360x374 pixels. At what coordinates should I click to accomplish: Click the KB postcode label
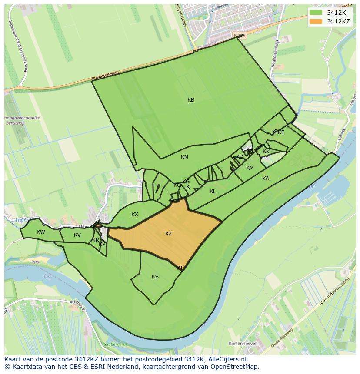click(191, 100)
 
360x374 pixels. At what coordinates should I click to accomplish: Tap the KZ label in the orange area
click(169, 234)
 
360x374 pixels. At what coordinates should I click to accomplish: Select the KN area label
click(184, 157)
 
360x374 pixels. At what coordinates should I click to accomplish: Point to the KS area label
click(155, 277)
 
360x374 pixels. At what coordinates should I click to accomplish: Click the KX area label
click(135, 215)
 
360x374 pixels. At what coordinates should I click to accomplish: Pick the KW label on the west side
click(41, 232)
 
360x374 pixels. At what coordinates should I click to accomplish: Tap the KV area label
click(77, 235)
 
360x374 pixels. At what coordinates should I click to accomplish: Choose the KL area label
click(213, 192)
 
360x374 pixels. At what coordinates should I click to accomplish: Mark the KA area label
click(266, 179)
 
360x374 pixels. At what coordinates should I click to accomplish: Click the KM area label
click(250, 168)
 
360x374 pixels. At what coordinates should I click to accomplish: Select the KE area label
click(281, 132)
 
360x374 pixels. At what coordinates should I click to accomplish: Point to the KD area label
click(240, 157)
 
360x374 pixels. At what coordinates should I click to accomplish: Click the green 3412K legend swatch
click(317, 13)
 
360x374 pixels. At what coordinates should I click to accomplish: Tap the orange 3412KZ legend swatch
click(317, 21)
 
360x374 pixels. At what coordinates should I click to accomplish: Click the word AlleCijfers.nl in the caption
click(226, 359)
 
